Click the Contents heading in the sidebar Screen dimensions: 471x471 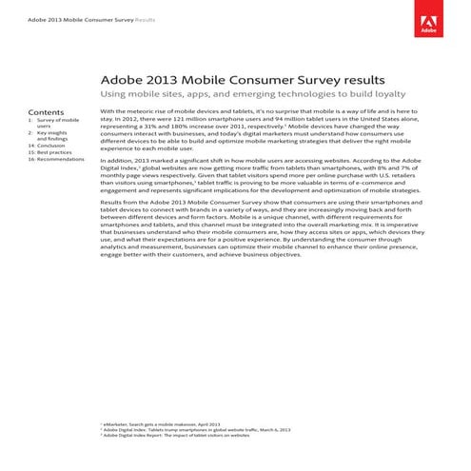(46, 111)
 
